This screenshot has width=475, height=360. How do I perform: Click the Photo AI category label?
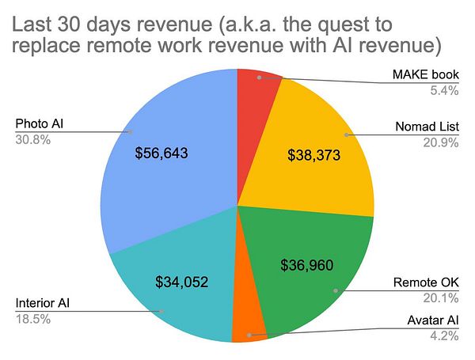coord(38,123)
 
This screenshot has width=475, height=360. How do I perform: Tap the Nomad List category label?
coord(428,126)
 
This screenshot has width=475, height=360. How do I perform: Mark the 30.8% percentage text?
coord(32,139)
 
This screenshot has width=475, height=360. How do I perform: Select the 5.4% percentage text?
coord(445,89)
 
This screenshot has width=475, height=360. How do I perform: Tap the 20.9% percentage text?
coord(442,142)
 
